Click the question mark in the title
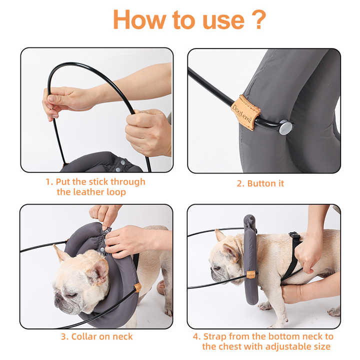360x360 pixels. (256, 19)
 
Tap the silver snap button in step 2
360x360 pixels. (285, 127)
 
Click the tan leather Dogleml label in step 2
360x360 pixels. (245, 112)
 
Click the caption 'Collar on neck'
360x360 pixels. (97, 336)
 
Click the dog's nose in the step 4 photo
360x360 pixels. (213, 274)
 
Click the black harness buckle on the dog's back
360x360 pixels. (294, 235)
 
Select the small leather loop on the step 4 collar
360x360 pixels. (251, 274)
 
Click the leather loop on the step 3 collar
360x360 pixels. (137, 287)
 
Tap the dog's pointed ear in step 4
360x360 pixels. (220, 235)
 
